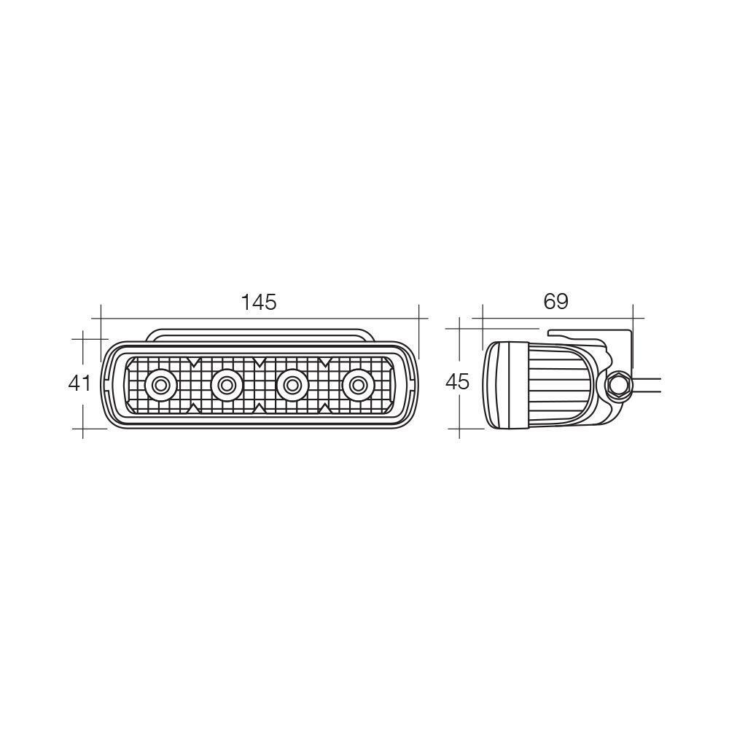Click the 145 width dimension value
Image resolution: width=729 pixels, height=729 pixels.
(x=260, y=302)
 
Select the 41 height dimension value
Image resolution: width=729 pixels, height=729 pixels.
(x=79, y=382)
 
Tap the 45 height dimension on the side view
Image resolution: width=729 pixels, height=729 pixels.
(x=458, y=381)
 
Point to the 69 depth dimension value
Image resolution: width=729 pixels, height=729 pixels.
(x=555, y=300)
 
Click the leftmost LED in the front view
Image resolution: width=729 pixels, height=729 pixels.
(x=160, y=383)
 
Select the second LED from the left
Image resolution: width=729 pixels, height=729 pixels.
(x=226, y=383)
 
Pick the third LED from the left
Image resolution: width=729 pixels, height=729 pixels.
(x=292, y=383)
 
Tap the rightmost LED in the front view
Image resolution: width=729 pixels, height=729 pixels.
(x=357, y=383)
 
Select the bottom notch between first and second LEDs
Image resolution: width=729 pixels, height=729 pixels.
(x=193, y=407)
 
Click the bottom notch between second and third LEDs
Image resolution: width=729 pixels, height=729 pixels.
(x=259, y=407)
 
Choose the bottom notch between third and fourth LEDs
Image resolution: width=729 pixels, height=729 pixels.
(x=324, y=407)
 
